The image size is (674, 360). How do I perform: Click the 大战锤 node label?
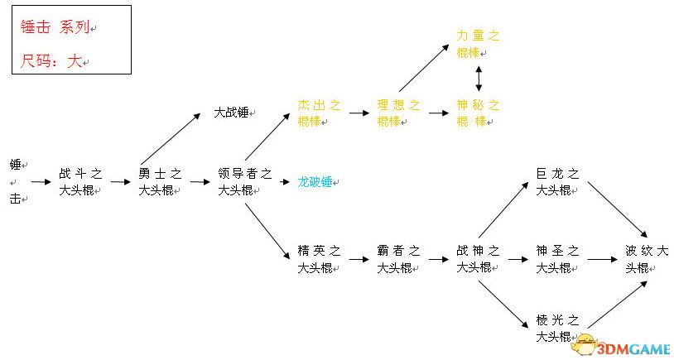[x=232, y=113]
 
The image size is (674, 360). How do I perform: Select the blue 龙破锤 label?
[x=315, y=182]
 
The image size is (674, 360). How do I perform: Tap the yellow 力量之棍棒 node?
[x=478, y=44]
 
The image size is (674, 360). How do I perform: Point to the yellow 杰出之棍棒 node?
[x=319, y=113]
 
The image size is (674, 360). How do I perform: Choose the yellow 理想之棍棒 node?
[x=398, y=113]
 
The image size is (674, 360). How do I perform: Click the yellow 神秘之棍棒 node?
[x=478, y=113]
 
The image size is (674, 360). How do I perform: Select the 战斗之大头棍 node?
[x=80, y=182]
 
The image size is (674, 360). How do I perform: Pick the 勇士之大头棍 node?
[x=160, y=182]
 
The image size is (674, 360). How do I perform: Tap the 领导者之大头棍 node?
[x=244, y=182]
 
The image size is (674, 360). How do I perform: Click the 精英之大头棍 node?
[x=319, y=259]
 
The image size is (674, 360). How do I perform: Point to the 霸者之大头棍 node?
[x=398, y=259]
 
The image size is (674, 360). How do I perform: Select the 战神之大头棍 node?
[x=478, y=259]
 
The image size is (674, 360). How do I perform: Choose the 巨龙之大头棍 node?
[x=557, y=182]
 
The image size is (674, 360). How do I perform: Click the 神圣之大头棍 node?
[x=557, y=259]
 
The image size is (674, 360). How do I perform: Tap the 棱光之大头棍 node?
[x=557, y=329]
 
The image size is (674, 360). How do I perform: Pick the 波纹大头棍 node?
[x=647, y=259]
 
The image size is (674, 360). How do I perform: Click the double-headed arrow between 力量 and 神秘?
[x=479, y=79]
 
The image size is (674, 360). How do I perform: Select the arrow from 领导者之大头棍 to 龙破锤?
[x=285, y=182]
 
